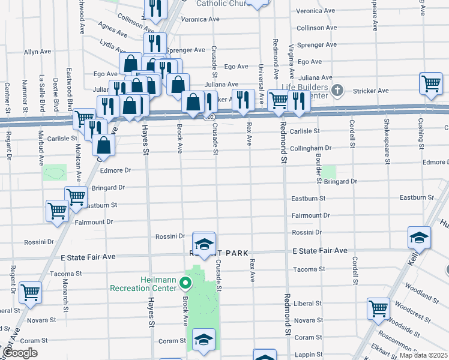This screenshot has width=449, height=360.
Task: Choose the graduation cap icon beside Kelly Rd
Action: [x=419, y=237]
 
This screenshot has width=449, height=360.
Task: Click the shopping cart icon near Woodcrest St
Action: [x=378, y=308]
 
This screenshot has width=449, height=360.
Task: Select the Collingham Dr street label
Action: [x=311, y=148]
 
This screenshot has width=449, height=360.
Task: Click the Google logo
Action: [x=21, y=353]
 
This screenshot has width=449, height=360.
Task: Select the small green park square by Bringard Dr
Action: [x=328, y=173]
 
